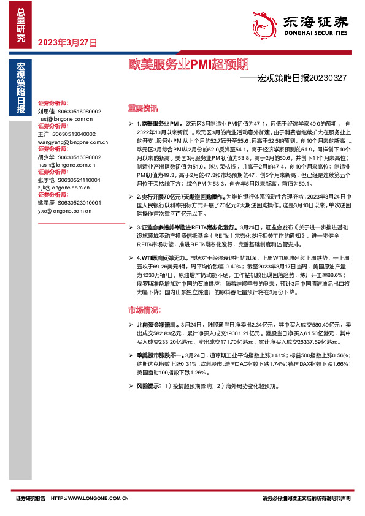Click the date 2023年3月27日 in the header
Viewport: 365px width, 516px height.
click(67, 43)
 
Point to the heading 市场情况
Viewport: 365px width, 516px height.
click(142, 309)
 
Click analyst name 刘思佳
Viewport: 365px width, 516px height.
click(46, 112)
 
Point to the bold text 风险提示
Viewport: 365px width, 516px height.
click(148, 387)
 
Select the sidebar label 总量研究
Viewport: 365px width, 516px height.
click(21, 24)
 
